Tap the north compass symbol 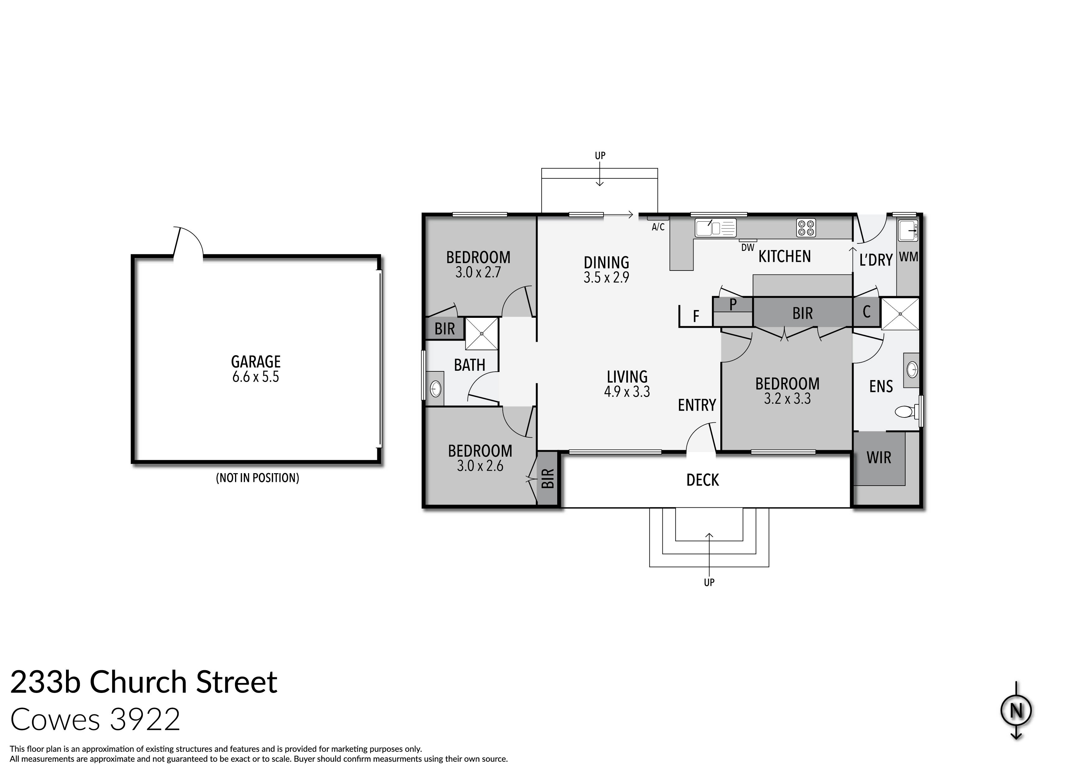[x=1016, y=711]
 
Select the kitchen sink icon [x=715, y=228]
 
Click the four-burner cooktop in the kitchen [x=806, y=228]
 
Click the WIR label [x=878, y=458]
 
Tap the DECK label [x=703, y=480]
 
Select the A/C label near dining [x=658, y=227]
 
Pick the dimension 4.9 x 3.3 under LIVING [x=627, y=392]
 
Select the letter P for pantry [x=732, y=304]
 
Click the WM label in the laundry [x=908, y=257]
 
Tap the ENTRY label [x=697, y=405]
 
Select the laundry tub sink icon [x=907, y=231]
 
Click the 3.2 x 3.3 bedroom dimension [x=787, y=398]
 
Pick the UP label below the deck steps [x=709, y=582]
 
